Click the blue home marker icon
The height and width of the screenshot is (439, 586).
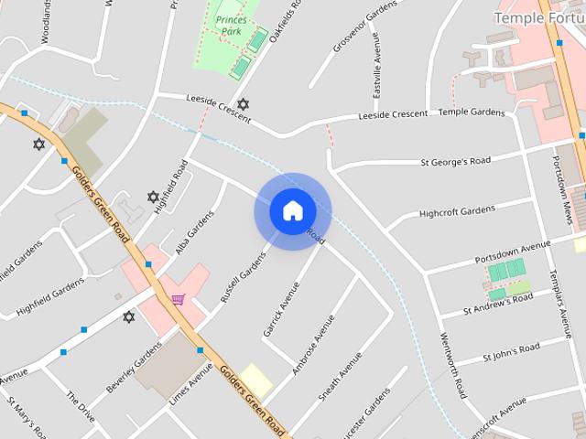click(x=291, y=210)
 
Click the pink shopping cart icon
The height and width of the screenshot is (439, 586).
click(x=178, y=298)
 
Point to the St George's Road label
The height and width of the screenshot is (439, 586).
click(x=455, y=162)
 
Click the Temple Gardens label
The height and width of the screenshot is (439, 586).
click(x=472, y=112)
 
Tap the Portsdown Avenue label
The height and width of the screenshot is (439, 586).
click(x=512, y=250)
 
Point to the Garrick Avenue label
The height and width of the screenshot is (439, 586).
click(x=281, y=307)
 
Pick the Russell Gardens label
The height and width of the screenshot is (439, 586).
click(x=235, y=279)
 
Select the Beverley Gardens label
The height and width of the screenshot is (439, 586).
click(x=134, y=369)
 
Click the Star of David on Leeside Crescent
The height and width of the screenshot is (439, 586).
click(x=243, y=105)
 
